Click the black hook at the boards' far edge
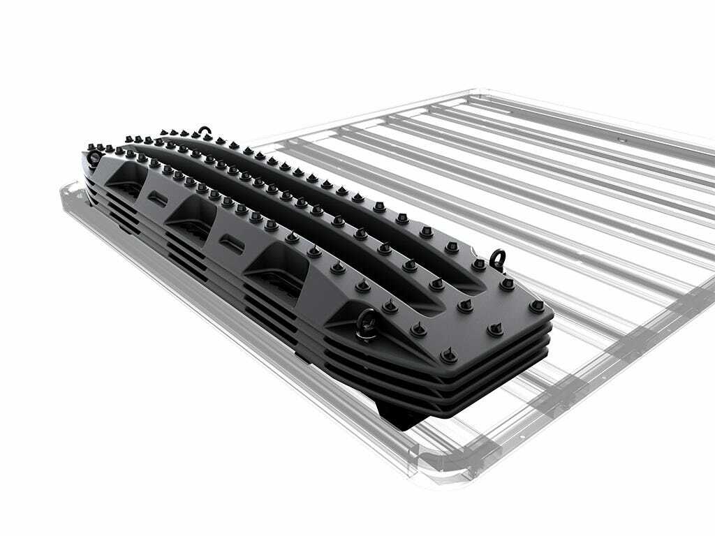[x=204, y=131]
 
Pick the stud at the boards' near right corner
[x=536, y=305]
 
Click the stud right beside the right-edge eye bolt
[x=479, y=265]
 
